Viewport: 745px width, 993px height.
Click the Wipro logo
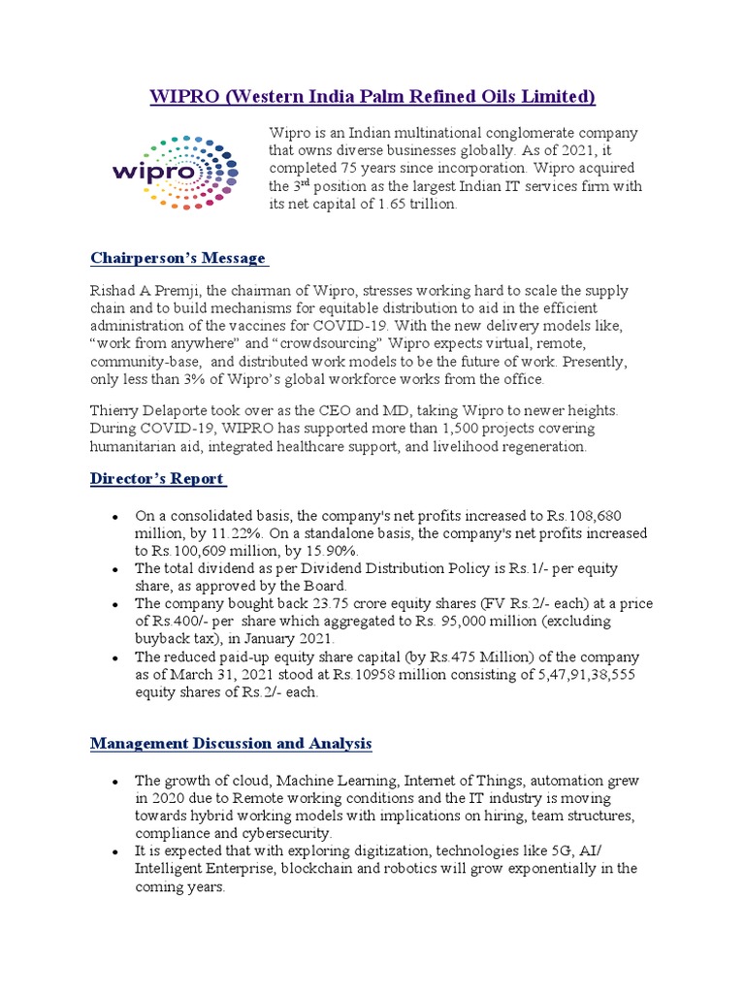click(x=176, y=171)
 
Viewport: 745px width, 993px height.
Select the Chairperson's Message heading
click(x=178, y=258)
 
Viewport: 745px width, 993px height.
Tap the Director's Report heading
click(x=158, y=478)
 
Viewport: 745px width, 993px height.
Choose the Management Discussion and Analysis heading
click(x=231, y=744)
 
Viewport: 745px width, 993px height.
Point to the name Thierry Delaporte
click(x=160, y=410)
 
